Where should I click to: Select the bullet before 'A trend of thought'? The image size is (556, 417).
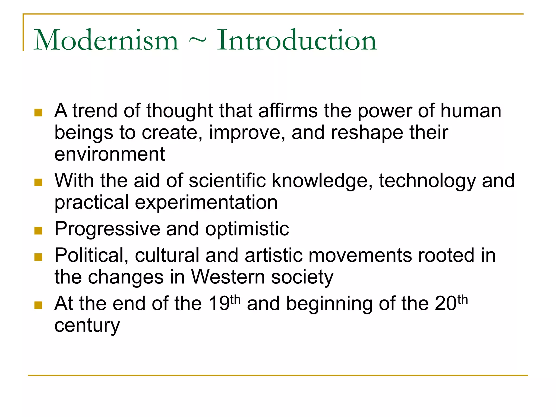tap(38, 112)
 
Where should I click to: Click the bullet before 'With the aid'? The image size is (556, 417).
tap(38, 182)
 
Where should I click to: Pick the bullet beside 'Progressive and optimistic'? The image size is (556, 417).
tap(38, 230)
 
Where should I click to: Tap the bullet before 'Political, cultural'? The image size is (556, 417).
tap(38, 257)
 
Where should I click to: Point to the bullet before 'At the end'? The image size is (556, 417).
tap(38, 305)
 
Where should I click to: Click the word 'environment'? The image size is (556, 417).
tap(110, 154)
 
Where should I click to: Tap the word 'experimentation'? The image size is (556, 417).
tap(206, 202)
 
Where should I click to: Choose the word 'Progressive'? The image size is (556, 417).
tap(107, 229)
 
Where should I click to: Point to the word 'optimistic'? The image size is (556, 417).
tap(247, 229)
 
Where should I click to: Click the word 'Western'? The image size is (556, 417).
tap(228, 277)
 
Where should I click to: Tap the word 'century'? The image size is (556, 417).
tap(87, 325)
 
